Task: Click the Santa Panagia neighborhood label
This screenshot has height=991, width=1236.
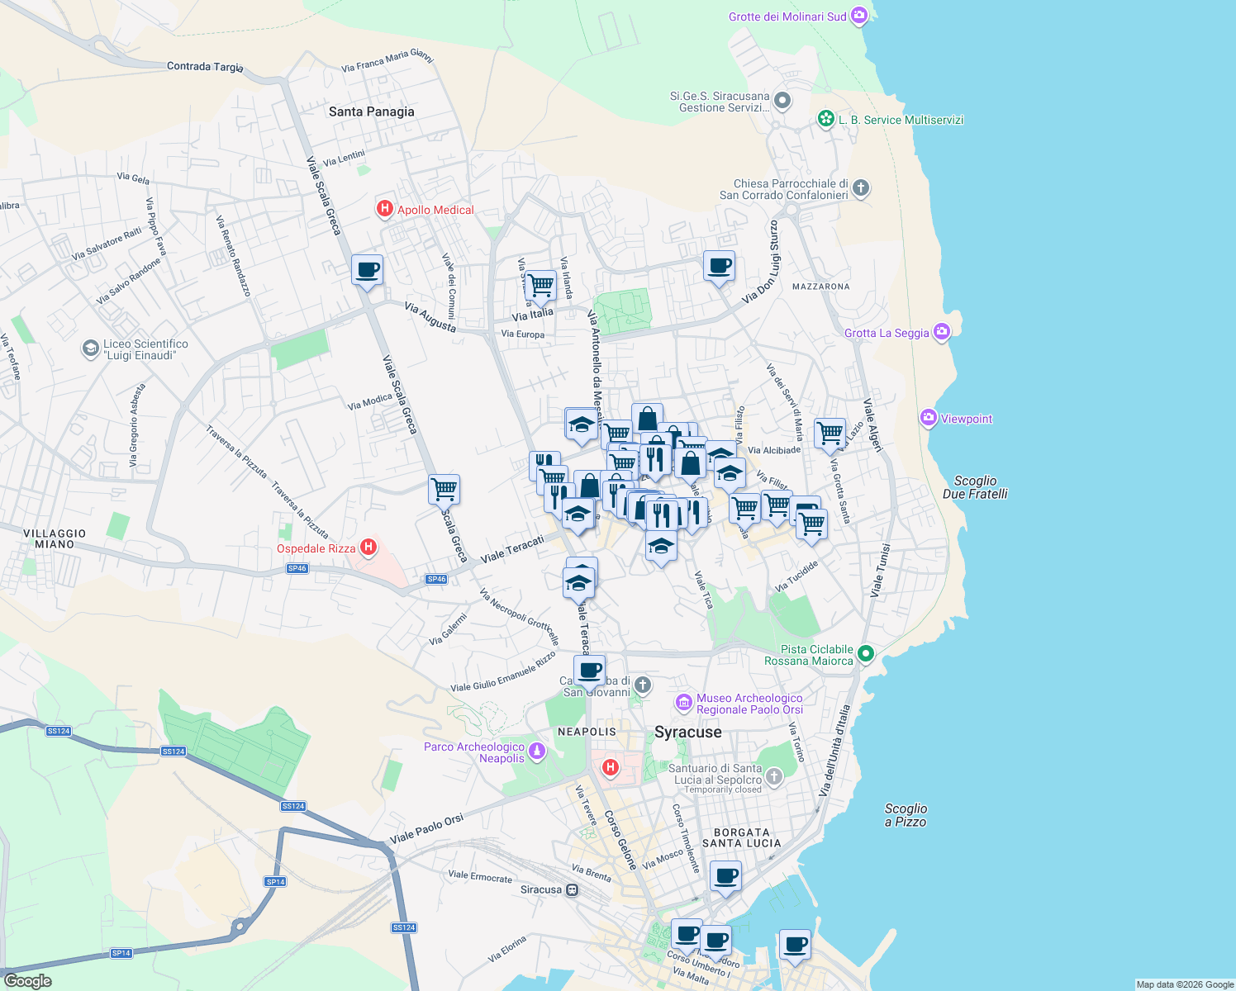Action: [371, 111]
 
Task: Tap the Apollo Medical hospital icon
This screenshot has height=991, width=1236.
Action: [384, 210]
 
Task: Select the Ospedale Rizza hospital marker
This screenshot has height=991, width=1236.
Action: [368, 548]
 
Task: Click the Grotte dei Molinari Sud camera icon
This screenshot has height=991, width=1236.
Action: [859, 16]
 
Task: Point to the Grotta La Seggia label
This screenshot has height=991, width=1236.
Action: [887, 333]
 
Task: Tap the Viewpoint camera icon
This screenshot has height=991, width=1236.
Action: [928, 419]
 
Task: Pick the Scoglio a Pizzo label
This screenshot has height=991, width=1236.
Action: [906, 815]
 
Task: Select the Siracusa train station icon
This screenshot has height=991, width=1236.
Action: [572, 890]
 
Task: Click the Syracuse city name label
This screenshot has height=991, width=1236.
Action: [687, 733]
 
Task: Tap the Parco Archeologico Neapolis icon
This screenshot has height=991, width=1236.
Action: [537, 752]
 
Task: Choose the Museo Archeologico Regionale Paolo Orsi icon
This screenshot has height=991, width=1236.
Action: [683, 703]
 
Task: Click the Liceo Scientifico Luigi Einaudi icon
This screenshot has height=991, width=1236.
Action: [90, 349]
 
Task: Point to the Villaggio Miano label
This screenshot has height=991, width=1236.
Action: [55, 539]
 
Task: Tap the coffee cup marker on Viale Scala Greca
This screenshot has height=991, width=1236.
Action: [367, 269]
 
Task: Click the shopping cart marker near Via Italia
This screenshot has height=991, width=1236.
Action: [540, 286]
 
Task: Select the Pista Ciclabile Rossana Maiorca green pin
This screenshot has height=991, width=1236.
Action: [865, 654]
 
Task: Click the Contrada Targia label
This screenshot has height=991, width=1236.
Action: [205, 66]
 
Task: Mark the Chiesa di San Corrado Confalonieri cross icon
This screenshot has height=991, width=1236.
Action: [860, 188]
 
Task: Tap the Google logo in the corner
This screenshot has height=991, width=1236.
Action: [27, 981]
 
